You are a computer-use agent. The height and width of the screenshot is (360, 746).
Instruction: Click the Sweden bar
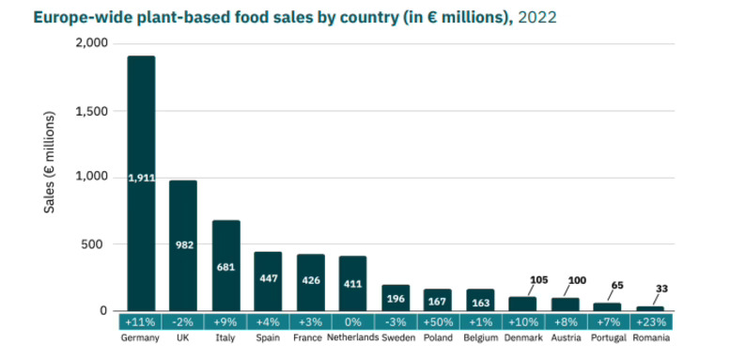(x=396, y=298)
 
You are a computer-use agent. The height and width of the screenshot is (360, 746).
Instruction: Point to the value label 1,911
(x=141, y=177)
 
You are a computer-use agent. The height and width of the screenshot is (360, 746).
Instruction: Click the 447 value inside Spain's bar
(x=268, y=278)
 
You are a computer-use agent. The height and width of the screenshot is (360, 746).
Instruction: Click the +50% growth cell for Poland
(x=438, y=321)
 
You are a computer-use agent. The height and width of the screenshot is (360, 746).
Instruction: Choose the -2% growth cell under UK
(x=183, y=321)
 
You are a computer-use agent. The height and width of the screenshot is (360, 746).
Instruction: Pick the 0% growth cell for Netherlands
(x=352, y=321)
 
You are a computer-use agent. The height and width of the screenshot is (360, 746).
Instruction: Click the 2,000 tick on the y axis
(x=92, y=44)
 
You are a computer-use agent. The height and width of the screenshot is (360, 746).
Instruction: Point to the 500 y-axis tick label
(x=98, y=244)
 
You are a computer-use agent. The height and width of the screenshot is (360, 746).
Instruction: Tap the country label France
(x=310, y=337)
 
